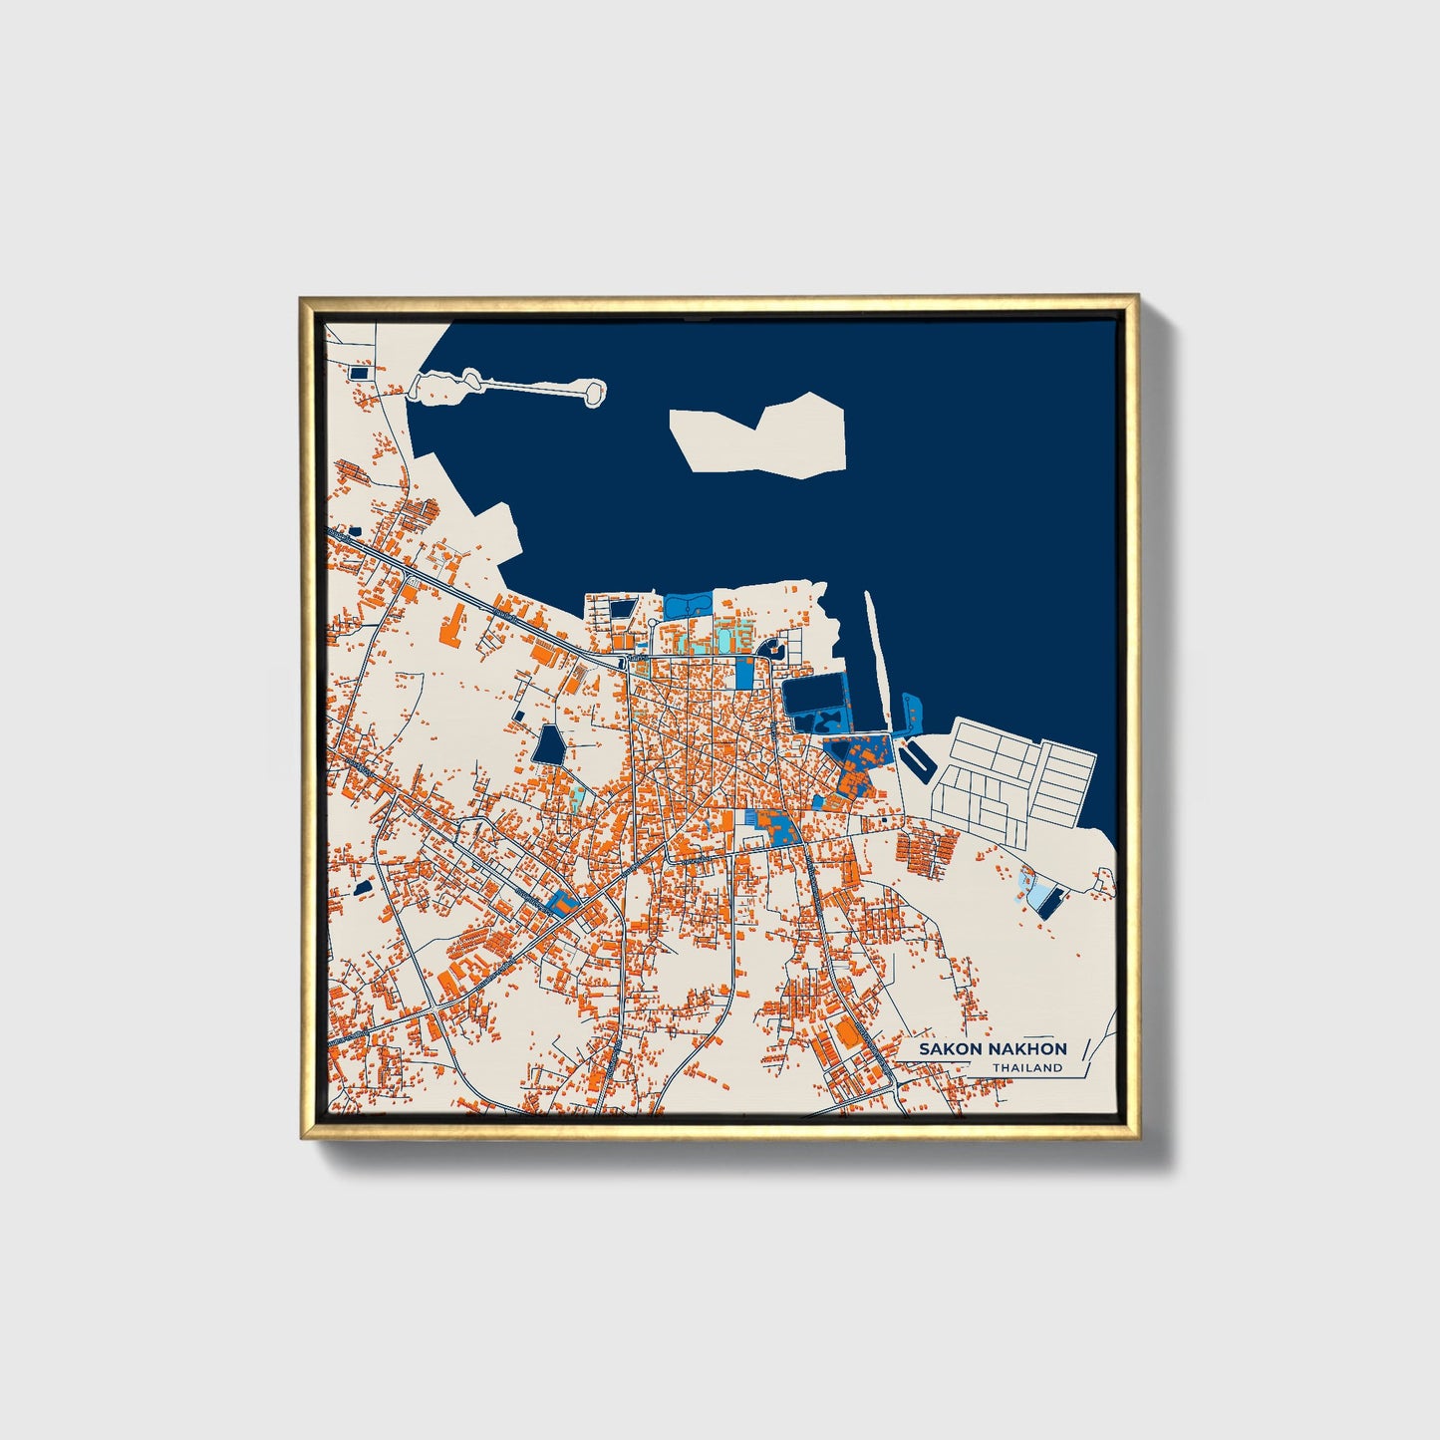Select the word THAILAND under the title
pyautogui.click(x=1026, y=1068)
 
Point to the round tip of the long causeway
pyautogui.click(x=594, y=392)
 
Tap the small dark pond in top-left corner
pyautogui.click(x=359, y=373)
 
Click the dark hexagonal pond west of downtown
pyautogui.click(x=549, y=745)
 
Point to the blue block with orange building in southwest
pyautogui.click(x=563, y=902)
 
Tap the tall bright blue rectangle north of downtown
pyautogui.click(x=744, y=674)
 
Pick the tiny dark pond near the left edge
pyautogui.click(x=364, y=886)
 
